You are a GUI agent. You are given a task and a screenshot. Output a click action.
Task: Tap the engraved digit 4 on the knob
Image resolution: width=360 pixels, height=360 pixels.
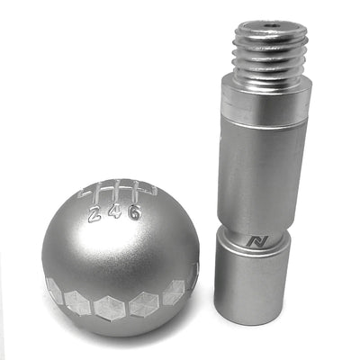pyautogui.click(x=112, y=214)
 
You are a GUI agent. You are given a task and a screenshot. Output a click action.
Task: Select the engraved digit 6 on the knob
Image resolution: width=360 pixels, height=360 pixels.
pyautogui.click(x=133, y=212)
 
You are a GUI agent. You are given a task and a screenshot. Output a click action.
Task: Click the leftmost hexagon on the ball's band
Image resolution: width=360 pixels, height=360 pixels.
pyautogui.click(x=54, y=291)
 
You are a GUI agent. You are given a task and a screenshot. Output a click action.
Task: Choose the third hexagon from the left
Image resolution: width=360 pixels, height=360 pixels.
pyautogui.click(x=111, y=310)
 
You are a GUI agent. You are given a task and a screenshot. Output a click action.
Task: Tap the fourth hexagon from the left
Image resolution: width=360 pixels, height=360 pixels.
pyautogui.click(x=144, y=304)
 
